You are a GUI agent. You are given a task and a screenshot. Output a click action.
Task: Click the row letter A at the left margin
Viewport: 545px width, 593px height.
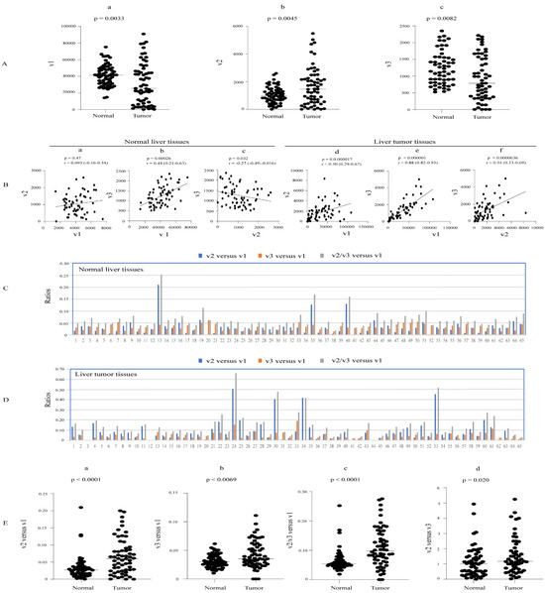11,65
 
